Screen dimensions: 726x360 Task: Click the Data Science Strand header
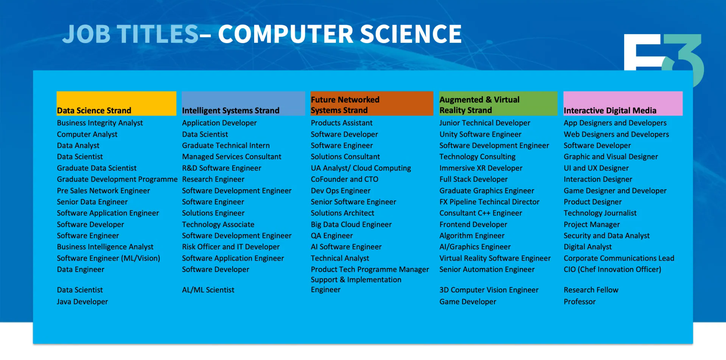tap(94, 111)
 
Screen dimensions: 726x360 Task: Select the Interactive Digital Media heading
tap(610, 111)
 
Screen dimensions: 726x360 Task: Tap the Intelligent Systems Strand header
tap(230, 111)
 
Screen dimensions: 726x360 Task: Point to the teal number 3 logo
tap(685, 57)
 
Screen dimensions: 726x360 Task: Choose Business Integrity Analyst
tap(100, 123)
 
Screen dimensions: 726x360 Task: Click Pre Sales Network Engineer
tap(103, 191)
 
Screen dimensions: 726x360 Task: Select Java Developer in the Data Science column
tap(82, 302)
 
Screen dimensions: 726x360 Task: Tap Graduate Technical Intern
tap(226, 146)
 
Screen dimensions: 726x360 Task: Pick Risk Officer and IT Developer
tap(231, 247)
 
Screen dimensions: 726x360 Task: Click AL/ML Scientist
tap(208, 290)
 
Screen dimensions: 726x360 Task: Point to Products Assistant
tap(342, 123)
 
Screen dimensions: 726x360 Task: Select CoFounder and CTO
tap(345, 179)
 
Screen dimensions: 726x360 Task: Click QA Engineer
tap(332, 236)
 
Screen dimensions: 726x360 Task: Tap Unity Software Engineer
tap(480, 134)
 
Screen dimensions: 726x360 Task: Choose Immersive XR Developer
tap(481, 168)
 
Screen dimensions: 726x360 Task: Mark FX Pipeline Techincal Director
tap(489, 202)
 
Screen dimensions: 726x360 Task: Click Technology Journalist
tap(600, 213)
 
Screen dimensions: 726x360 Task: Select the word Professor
tap(580, 302)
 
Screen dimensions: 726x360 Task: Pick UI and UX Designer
tap(596, 168)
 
